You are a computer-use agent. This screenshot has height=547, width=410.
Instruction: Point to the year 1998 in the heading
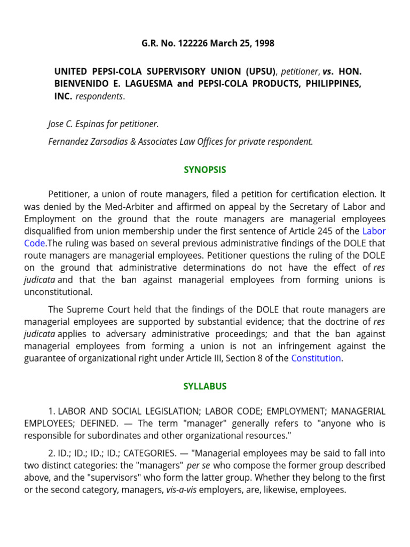click(263, 43)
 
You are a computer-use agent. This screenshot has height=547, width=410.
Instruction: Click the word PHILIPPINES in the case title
click(333, 84)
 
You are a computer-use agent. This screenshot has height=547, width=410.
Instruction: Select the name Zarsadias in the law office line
click(108, 142)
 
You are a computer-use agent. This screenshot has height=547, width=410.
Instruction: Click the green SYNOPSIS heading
click(205, 170)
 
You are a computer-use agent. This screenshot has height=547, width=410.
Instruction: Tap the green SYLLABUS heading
click(205, 386)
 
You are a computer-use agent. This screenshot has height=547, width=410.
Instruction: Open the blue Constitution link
click(316, 358)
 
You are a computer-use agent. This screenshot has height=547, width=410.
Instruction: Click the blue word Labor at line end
click(374, 231)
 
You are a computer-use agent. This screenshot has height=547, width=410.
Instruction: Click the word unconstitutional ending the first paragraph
click(58, 292)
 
